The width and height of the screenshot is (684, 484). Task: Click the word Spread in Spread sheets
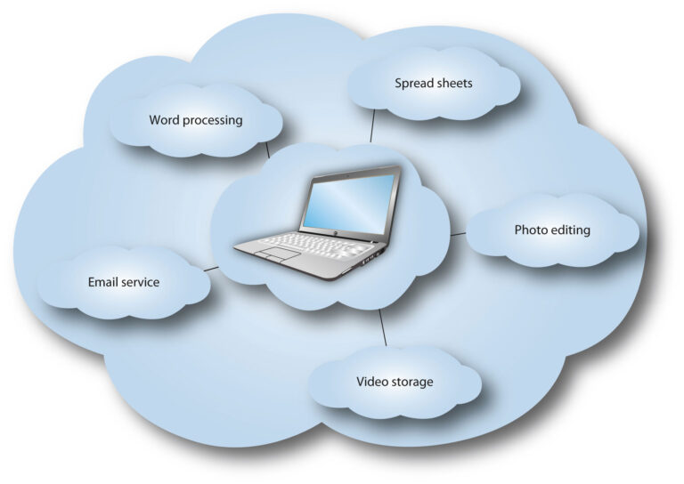[413, 84]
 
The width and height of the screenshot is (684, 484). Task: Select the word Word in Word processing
[164, 120]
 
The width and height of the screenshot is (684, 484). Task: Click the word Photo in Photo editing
[531, 230]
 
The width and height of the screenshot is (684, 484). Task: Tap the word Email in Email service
[103, 282]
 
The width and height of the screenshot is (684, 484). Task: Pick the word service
[142, 282]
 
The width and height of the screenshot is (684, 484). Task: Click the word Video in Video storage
[371, 382]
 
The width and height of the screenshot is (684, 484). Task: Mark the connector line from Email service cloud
[211, 267]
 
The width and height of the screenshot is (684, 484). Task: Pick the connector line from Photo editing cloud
[458, 234]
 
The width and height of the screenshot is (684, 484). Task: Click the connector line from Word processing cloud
[266, 149]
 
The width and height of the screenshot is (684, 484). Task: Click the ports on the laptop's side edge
[371, 254]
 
